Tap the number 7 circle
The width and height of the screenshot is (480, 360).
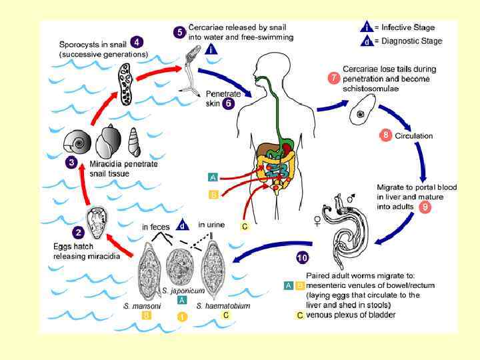click(x=333, y=77)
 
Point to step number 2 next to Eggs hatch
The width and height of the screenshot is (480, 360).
click(x=78, y=233)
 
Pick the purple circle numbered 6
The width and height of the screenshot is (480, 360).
click(x=229, y=104)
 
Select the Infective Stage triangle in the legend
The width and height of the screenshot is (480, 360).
click(x=366, y=27)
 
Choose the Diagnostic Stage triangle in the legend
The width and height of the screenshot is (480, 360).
click(x=366, y=41)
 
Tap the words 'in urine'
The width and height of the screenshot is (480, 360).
click(x=211, y=225)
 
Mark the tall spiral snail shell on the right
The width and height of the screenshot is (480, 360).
click(x=134, y=141)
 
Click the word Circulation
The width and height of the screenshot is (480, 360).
click(x=414, y=136)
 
